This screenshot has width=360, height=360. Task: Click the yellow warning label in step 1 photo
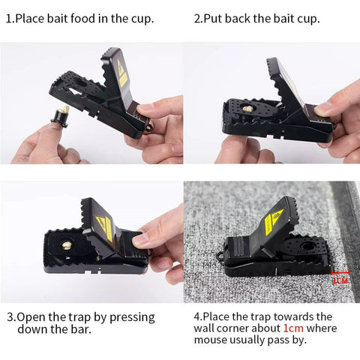(x=122, y=73)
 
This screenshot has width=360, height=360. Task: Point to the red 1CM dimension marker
(x=340, y=277)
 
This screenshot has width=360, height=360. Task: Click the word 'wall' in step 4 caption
(x=207, y=328)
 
